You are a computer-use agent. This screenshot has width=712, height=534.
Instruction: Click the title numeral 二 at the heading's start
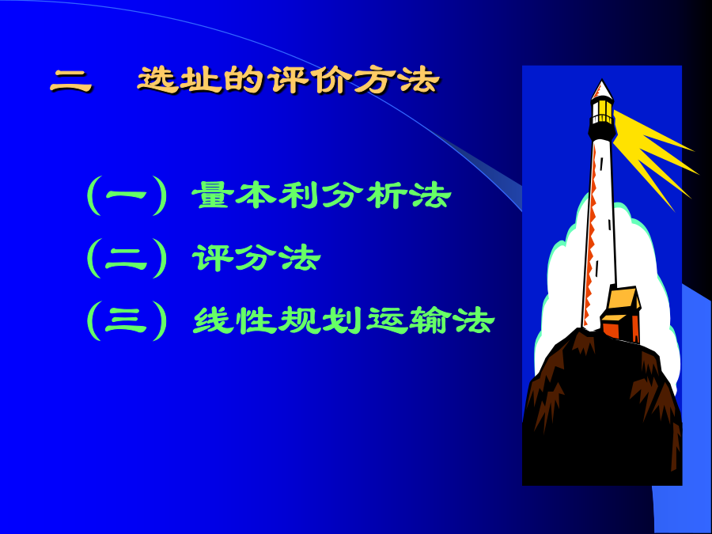tap(71, 82)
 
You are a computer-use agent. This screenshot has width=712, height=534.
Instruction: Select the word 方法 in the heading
tap(396, 81)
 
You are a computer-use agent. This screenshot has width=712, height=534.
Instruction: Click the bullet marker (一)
tap(127, 195)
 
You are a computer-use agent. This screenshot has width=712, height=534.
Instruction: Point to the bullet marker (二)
tap(127, 258)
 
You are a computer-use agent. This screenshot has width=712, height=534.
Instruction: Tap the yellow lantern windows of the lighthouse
tap(602, 112)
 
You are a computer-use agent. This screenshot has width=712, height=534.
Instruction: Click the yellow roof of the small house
tap(623, 299)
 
